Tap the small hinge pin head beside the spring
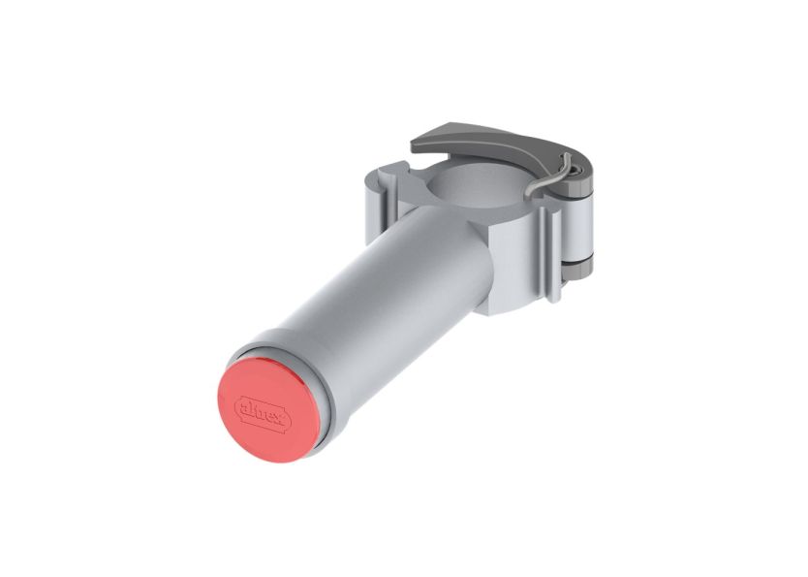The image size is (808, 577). tap(578, 175)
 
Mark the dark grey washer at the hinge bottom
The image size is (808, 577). tap(581, 263)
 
